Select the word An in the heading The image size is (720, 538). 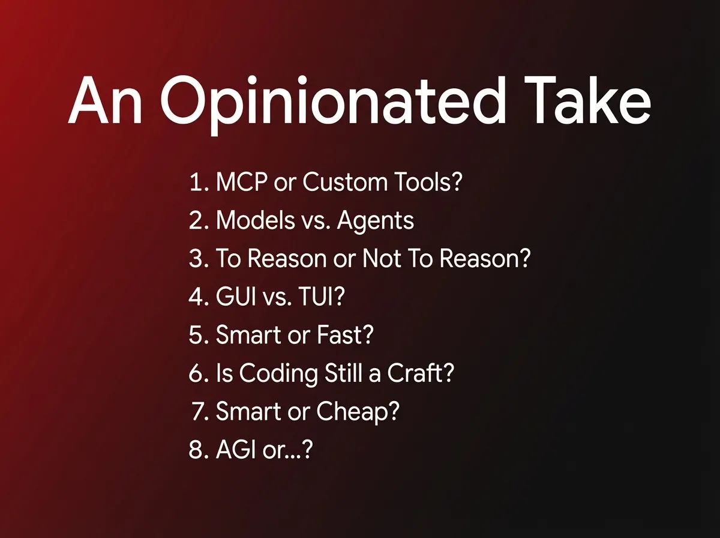click(105, 100)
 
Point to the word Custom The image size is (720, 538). click(345, 181)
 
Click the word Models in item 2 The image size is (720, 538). click(256, 220)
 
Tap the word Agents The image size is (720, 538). click(375, 222)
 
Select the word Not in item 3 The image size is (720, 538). click(381, 258)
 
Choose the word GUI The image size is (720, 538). click(236, 297)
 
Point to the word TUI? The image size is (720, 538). click(322, 297)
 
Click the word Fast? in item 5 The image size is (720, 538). click(345, 334)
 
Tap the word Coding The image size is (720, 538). click(278, 375)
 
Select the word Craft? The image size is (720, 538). click(421, 372)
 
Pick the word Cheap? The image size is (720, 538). click(358, 413)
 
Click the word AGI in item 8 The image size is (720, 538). click(236, 449)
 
